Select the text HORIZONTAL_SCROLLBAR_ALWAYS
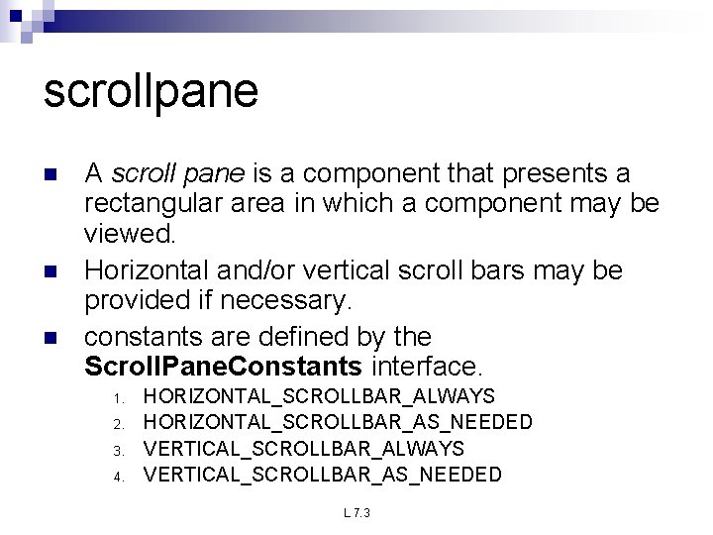[x=319, y=396]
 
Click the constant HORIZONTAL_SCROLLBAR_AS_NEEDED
[x=338, y=422]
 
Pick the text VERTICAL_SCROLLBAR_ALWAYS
[x=303, y=448]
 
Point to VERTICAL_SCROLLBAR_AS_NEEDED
[x=323, y=474]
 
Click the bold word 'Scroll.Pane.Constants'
[x=224, y=367]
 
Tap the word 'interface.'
[x=427, y=367]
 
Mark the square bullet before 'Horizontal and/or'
[x=52, y=270]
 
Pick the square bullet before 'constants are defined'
[x=52, y=336]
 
